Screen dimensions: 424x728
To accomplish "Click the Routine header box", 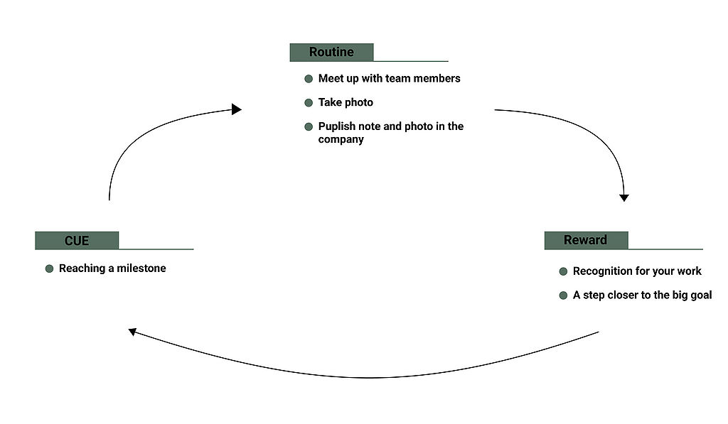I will click(331, 52).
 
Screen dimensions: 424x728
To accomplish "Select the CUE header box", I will click(77, 240).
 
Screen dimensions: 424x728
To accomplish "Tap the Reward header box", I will click(586, 240).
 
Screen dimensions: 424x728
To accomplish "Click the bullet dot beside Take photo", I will click(309, 103).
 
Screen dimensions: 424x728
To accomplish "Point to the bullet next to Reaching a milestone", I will click(50, 269).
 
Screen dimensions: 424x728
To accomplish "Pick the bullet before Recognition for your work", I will click(564, 271).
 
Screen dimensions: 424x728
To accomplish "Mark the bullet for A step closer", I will click(564, 295).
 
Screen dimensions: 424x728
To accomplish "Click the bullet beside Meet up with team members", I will click(309, 79).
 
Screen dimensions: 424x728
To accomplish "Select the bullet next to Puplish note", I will click(309, 127).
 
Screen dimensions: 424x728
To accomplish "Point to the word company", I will click(341, 139).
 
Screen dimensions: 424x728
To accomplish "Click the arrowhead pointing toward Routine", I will click(237, 109).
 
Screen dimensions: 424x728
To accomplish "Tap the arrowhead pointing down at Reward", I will click(624, 197).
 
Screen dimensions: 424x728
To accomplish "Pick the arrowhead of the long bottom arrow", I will click(133, 331).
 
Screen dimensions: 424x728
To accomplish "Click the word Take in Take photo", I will click(329, 102).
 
